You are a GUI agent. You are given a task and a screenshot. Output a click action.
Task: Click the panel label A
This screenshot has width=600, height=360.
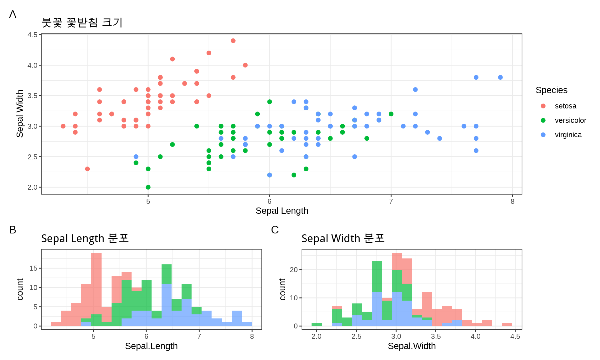pyautogui.click(x=12, y=14)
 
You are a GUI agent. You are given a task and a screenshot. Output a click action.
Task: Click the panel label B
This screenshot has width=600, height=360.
pyautogui.click(x=12, y=230)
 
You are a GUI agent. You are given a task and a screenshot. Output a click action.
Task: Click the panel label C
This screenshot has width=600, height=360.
pyautogui.click(x=275, y=230)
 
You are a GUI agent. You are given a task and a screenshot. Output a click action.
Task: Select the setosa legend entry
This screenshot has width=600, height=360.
pyautogui.click(x=565, y=106)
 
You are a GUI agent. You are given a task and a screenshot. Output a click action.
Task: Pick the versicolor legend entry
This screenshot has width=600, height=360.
pyautogui.click(x=570, y=120)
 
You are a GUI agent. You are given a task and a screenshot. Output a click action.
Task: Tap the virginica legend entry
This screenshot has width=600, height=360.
pyautogui.click(x=568, y=135)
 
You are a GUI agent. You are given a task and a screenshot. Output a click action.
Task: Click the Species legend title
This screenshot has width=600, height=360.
pyautogui.click(x=551, y=90)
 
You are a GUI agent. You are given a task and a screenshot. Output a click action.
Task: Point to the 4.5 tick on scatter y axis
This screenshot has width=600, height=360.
pyautogui.click(x=32, y=35)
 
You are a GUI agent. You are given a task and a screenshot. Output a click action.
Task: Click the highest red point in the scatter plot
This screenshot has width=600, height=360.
pyautogui.click(x=233, y=41)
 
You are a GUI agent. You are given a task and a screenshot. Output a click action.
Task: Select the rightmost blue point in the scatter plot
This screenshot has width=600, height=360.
pyautogui.click(x=500, y=77)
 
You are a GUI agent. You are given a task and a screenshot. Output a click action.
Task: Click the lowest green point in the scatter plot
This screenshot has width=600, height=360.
pyautogui.click(x=148, y=187)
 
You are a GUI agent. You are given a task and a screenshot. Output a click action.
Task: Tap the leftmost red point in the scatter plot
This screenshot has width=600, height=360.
pyautogui.click(x=63, y=126)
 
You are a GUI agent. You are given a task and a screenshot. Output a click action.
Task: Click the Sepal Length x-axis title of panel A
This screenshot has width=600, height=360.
pyautogui.click(x=282, y=211)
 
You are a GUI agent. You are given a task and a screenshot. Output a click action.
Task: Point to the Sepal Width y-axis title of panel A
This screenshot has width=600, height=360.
pyautogui.click(x=20, y=114)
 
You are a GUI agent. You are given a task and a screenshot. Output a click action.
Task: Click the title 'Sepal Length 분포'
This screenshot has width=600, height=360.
pyautogui.click(x=85, y=238)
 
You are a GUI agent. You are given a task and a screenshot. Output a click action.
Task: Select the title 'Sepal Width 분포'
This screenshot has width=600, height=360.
pyautogui.click(x=342, y=238)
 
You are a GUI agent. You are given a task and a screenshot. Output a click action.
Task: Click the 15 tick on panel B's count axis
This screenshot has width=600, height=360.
pyautogui.click(x=33, y=268)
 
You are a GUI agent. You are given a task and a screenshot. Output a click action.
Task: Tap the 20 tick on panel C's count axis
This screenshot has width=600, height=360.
pyautogui.click(x=293, y=270)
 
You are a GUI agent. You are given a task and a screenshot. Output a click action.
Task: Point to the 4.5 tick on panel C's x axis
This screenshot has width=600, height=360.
pyautogui.click(x=515, y=336)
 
